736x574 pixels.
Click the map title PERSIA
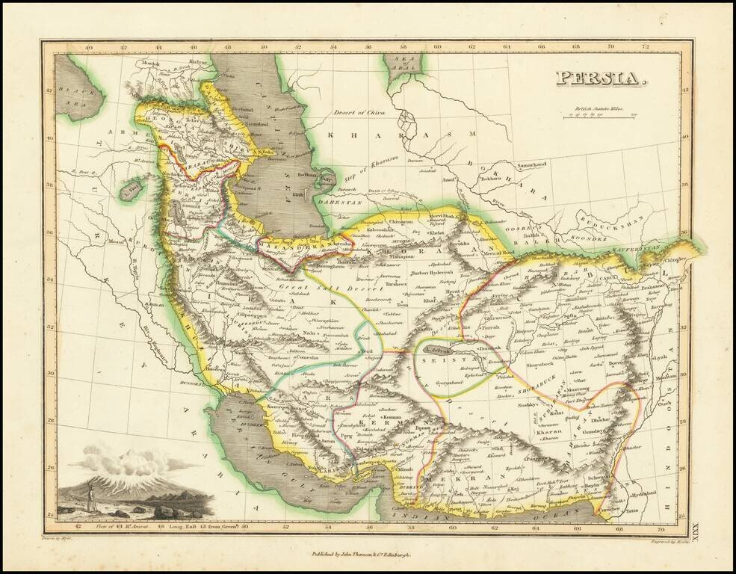pyautogui.click(x=600, y=78)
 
